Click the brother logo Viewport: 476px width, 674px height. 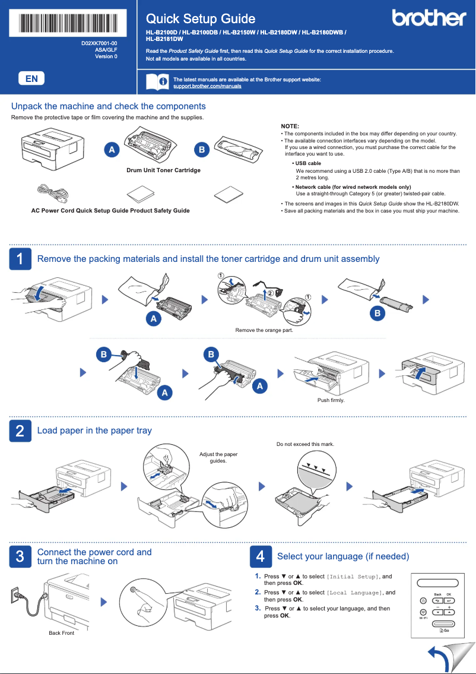pos(429,18)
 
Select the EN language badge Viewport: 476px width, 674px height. pos(31,78)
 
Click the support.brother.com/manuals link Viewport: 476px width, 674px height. pos(207,87)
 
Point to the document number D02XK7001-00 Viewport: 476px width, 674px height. pos(99,44)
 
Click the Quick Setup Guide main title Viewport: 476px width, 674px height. pos(201,19)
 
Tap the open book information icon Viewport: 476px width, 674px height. pos(157,82)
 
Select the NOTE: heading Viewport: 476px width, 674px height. pos(290,126)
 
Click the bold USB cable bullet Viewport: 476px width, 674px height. pos(308,163)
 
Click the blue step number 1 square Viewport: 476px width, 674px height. pos(20,259)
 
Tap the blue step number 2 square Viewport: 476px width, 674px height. pos(20,431)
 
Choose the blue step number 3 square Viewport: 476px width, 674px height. pos(20,556)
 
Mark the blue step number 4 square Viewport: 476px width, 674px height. pos(260,556)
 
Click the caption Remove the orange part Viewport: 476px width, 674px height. pos(264,330)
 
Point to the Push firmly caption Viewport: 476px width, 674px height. pos(331,400)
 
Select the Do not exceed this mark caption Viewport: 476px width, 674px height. pos(305,444)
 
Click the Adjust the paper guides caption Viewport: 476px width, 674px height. pos(218,457)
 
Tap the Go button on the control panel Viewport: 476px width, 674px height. pos(443,630)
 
